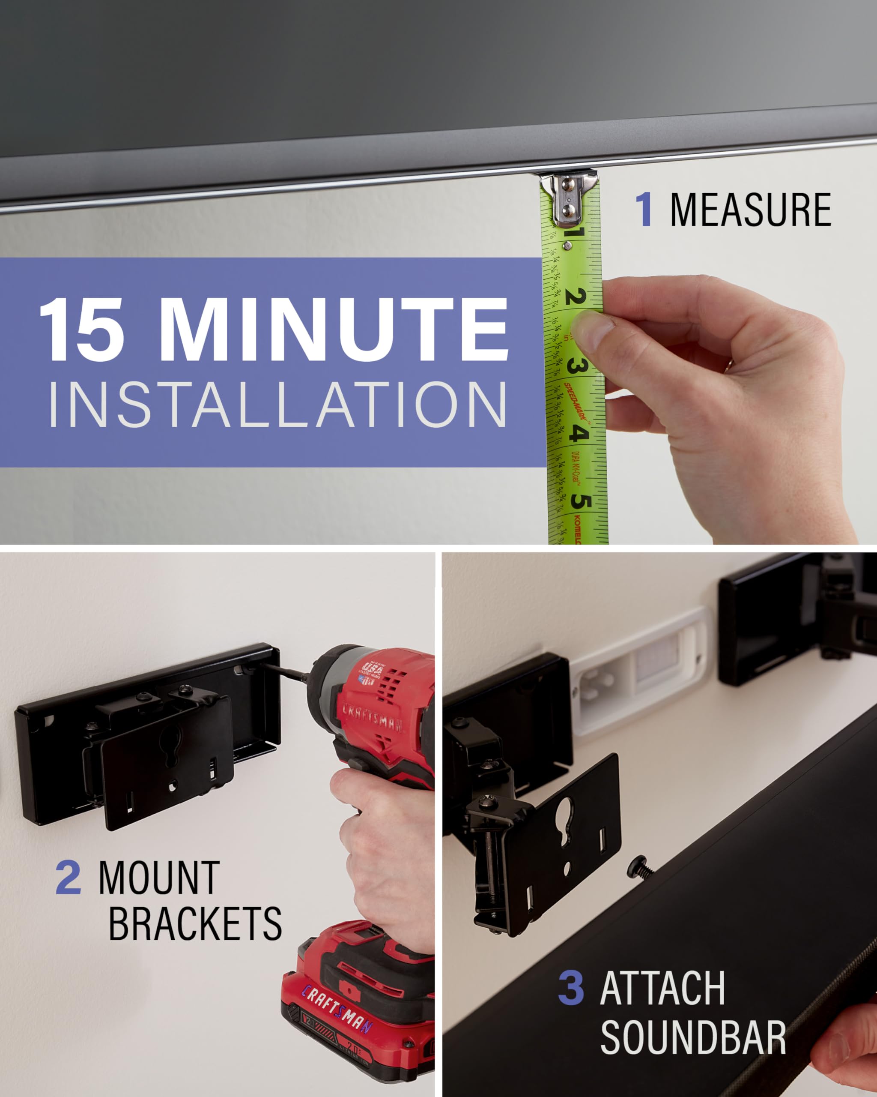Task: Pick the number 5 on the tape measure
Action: (581, 501)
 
